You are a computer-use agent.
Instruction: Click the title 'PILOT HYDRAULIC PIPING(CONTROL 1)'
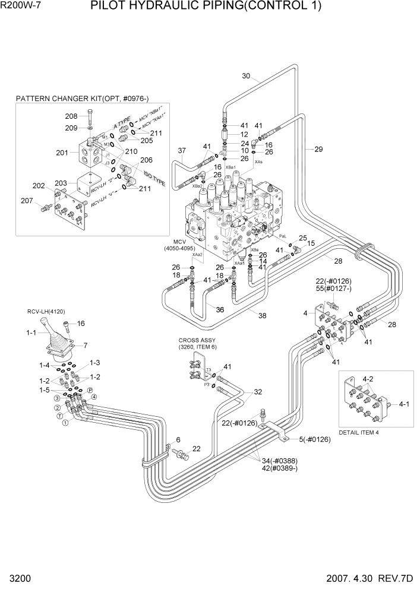pyautogui.click(x=206, y=7)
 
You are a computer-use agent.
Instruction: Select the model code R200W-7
pyautogui.click(x=21, y=7)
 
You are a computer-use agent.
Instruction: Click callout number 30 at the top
pyautogui.click(x=247, y=75)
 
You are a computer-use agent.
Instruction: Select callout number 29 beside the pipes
pyautogui.click(x=318, y=149)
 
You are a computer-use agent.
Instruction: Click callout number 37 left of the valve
pyautogui.click(x=182, y=150)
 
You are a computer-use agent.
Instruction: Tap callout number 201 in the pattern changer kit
pyautogui.click(x=62, y=153)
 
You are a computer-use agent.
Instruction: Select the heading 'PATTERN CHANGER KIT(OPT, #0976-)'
pyautogui.click(x=82, y=97)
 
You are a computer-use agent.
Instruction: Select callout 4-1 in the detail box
pyautogui.click(x=404, y=404)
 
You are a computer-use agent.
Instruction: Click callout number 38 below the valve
pyautogui.click(x=262, y=316)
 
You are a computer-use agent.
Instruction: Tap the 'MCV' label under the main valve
pyautogui.click(x=179, y=241)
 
